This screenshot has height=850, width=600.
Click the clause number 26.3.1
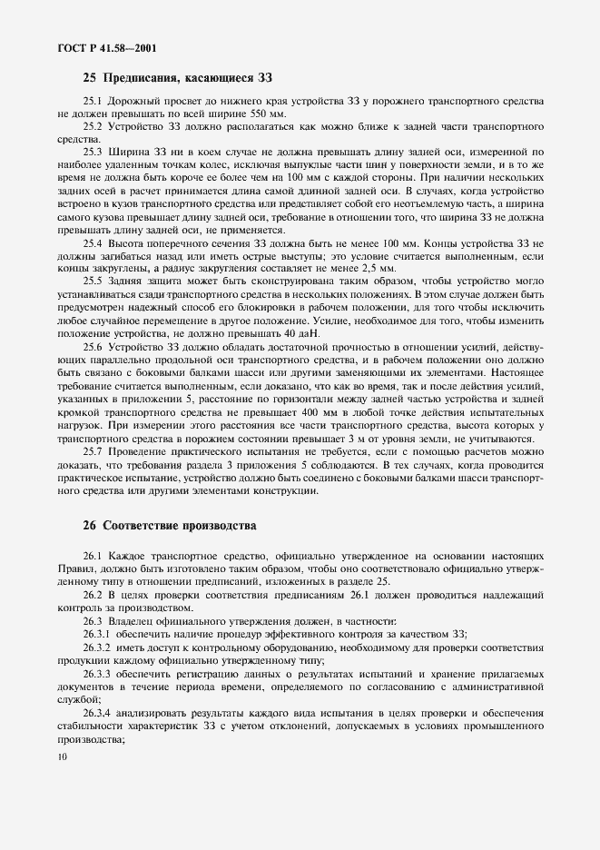tap(97, 633)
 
